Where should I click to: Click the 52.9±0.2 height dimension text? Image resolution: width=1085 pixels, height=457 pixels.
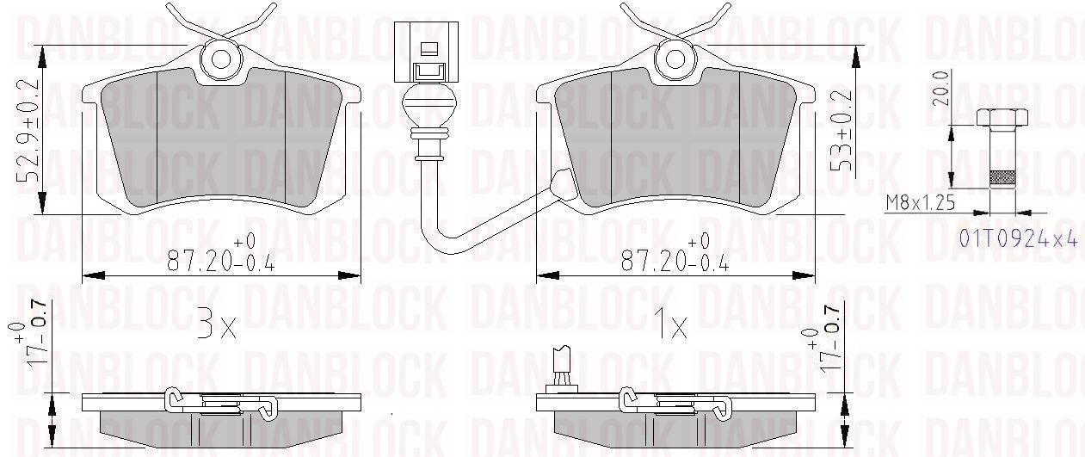(x=28, y=130)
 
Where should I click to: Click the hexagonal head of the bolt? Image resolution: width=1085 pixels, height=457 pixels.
(x=1001, y=117)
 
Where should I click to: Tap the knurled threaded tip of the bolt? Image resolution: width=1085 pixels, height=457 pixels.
(x=1002, y=179)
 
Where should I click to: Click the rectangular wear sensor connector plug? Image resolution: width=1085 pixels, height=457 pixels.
(x=426, y=52)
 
